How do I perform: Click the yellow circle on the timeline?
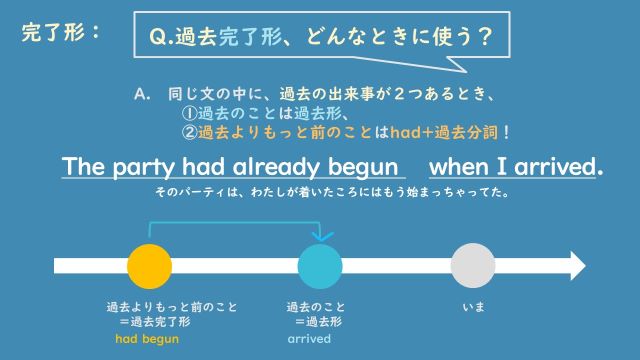click(x=150, y=266)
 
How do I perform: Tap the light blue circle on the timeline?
click(x=321, y=266)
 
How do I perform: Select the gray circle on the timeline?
click(x=473, y=266)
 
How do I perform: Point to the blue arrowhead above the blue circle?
click(x=321, y=236)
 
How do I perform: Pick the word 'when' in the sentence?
click(x=465, y=165)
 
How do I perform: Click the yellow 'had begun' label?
click(x=148, y=340)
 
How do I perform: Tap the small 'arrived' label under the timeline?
click(x=309, y=340)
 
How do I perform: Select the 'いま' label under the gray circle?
click(x=473, y=307)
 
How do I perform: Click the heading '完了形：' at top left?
click(x=61, y=32)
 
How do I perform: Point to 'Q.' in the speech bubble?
click(x=158, y=38)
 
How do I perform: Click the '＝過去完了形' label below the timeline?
click(x=155, y=322)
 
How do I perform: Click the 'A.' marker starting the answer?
click(x=141, y=93)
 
